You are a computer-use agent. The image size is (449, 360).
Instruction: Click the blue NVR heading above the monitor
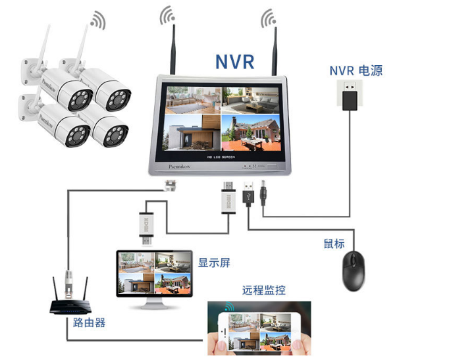[x=234, y=61]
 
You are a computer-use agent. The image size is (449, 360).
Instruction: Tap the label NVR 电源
[x=356, y=70]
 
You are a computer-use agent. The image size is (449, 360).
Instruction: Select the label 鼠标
[x=334, y=244]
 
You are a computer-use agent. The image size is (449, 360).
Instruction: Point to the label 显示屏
[x=215, y=262]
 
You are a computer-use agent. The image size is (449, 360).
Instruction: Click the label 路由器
[x=89, y=322]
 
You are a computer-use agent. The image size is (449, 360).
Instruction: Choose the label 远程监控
[x=263, y=290]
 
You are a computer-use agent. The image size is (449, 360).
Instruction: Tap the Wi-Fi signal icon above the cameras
[x=97, y=20]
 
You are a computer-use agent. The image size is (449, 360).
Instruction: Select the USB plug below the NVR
[x=250, y=194]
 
